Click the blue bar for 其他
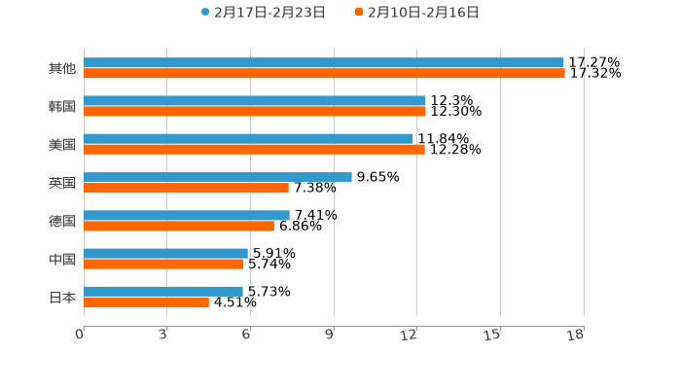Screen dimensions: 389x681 [x=324, y=62]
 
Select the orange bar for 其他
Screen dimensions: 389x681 [x=324, y=73]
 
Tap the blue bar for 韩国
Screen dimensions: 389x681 [x=255, y=100]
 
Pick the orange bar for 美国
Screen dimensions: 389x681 [x=254, y=149]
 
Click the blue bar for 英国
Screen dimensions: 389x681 [x=218, y=177]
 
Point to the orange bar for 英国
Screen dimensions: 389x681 [x=186, y=188]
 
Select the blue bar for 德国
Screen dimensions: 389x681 [x=187, y=215]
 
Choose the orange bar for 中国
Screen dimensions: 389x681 [x=163, y=264]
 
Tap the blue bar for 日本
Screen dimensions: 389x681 [x=163, y=291]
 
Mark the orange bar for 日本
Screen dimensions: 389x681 [x=146, y=301]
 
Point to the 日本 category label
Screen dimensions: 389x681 [x=62, y=297]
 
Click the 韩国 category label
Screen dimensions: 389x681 [x=62, y=106]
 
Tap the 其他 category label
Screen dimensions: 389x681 [x=62, y=68]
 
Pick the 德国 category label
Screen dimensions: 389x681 [x=62, y=221]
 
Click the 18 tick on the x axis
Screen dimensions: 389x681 [x=576, y=335]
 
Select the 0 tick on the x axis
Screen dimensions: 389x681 [x=80, y=335]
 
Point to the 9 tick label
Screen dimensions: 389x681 [x=329, y=335]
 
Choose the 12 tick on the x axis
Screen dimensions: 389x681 [x=410, y=335]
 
